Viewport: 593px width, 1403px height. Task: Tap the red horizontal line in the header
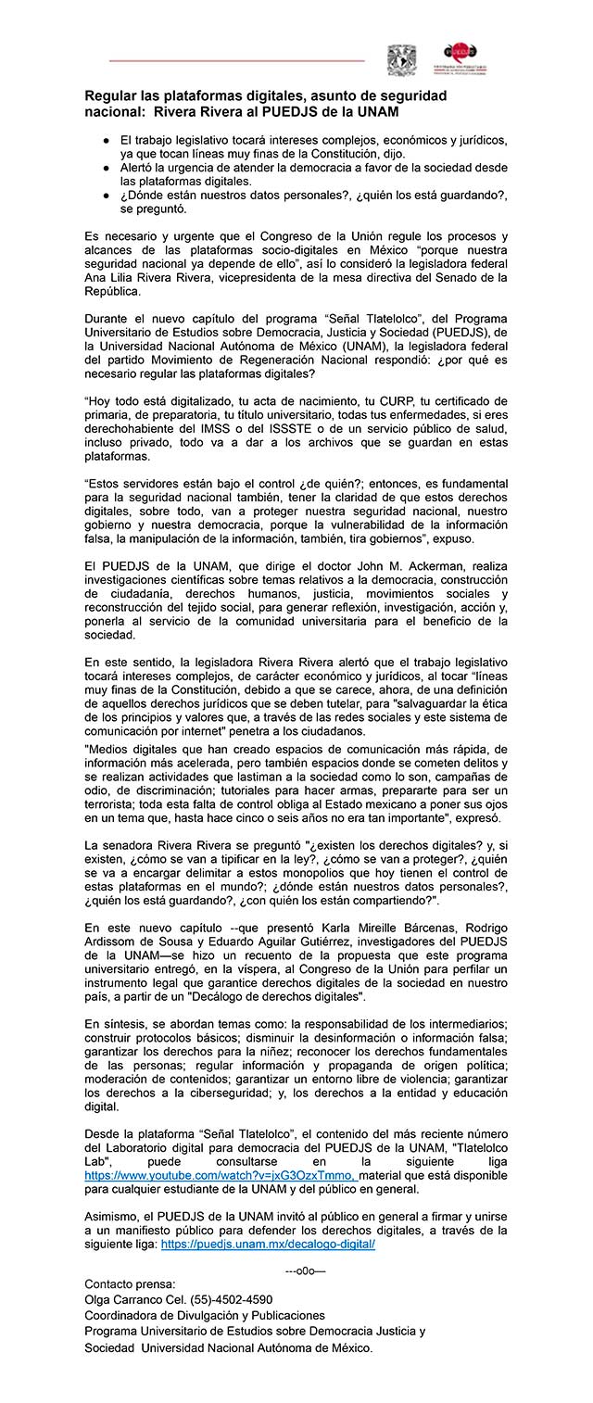(x=236, y=60)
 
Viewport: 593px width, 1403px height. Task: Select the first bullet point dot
(x=106, y=139)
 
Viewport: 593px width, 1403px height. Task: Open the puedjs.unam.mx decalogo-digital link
(x=268, y=1245)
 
